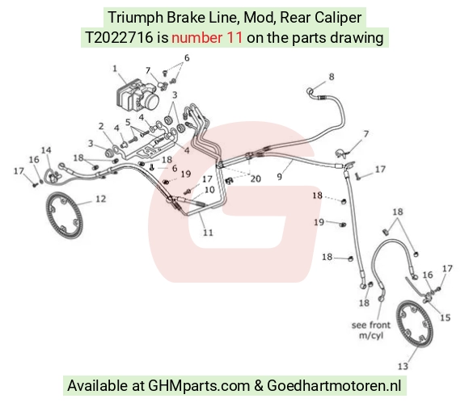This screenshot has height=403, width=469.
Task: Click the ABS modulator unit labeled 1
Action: (x=137, y=95)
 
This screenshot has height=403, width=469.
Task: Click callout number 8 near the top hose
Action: (x=332, y=77)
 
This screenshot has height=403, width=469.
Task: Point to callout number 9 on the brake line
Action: (x=279, y=177)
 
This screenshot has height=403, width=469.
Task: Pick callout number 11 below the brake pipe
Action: (x=208, y=233)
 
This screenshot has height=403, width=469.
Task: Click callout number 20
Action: (x=256, y=179)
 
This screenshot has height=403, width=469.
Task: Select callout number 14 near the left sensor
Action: (x=46, y=150)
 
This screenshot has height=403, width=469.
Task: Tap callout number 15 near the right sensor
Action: (x=445, y=317)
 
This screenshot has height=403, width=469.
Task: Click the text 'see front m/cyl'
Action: (x=371, y=330)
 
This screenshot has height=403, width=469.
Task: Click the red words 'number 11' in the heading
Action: (x=207, y=38)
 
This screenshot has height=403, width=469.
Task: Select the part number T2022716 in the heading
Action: (x=119, y=38)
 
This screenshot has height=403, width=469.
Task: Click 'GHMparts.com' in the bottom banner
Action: (x=199, y=386)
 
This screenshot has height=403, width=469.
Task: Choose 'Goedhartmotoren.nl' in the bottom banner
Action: (x=334, y=385)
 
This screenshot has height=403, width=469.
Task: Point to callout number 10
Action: (x=209, y=190)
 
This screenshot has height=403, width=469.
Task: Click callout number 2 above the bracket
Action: (x=101, y=126)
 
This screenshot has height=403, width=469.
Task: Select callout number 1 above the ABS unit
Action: (x=115, y=69)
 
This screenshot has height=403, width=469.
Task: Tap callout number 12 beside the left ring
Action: (x=100, y=199)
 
